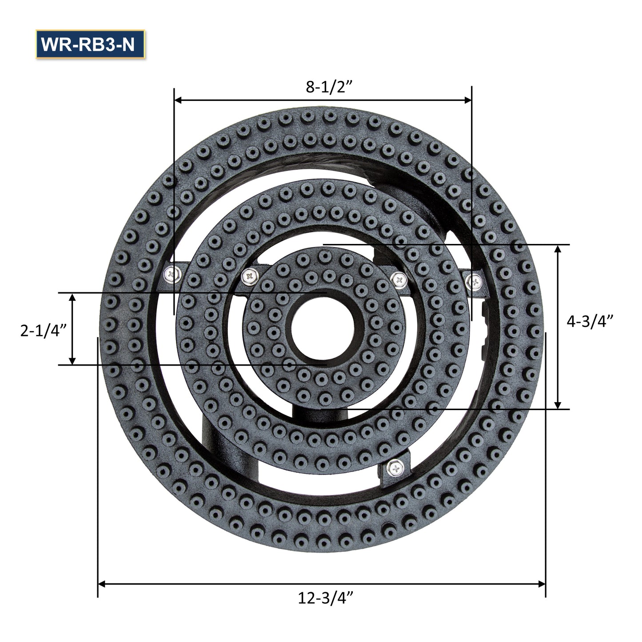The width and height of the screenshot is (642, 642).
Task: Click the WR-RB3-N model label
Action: (x=90, y=44)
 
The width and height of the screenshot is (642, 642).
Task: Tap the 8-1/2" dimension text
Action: (x=329, y=87)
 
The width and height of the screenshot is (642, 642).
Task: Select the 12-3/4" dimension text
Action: (x=326, y=598)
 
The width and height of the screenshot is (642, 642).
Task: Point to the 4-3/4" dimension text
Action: (x=590, y=321)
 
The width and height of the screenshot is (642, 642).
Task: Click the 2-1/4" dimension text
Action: (x=44, y=331)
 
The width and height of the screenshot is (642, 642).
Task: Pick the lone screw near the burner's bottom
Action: (x=395, y=467)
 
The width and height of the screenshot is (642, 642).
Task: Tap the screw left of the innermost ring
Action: (x=250, y=276)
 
